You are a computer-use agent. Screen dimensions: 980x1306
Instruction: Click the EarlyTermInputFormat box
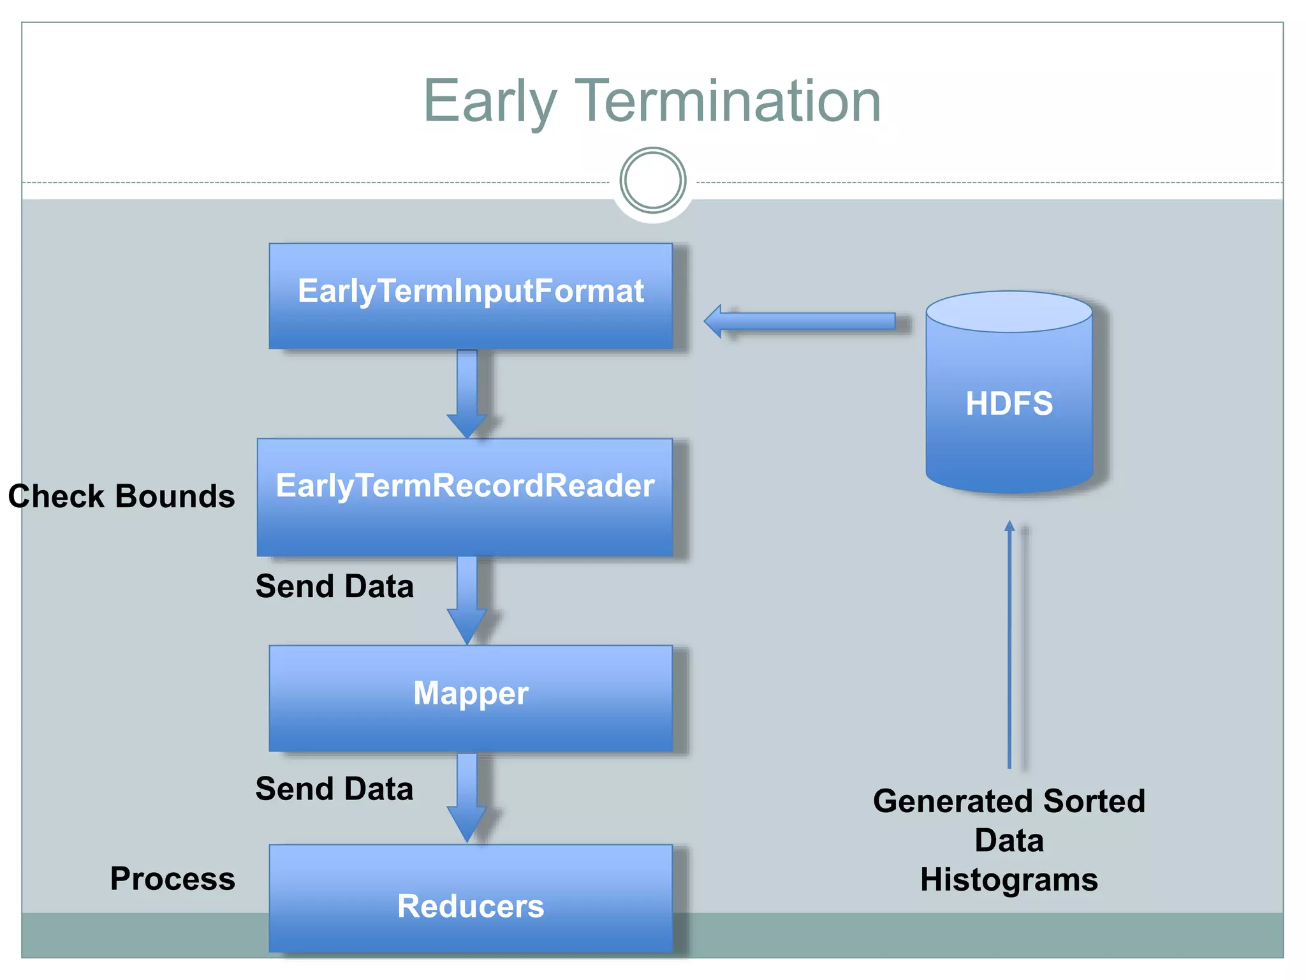point(471,295)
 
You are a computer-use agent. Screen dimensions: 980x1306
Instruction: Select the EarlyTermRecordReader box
point(465,497)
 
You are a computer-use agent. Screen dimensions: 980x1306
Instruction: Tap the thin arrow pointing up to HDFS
point(1009,644)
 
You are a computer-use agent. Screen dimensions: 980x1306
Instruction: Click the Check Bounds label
point(121,496)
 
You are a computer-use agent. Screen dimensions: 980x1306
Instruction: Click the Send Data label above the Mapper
point(334,586)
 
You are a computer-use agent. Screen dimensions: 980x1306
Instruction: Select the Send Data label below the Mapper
point(334,789)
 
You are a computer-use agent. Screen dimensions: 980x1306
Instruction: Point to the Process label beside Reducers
point(172,879)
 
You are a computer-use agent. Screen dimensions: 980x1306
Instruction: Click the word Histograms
point(1009,880)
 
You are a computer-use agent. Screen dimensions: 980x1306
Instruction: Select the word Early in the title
point(490,102)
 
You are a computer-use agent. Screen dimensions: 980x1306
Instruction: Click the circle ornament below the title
point(652,181)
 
